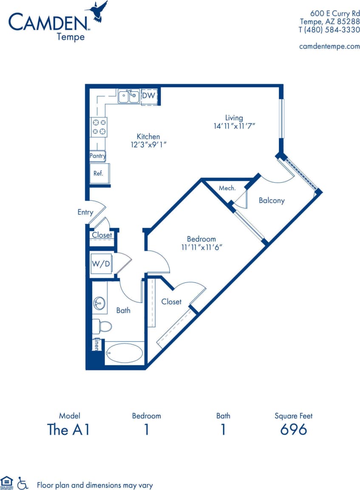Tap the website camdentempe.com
pyautogui.click(x=329, y=46)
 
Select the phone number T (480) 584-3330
pyautogui.click(x=329, y=29)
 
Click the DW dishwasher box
pyautogui.click(x=148, y=96)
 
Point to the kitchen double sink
pyautogui.click(x=129, y=97)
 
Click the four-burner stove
pyautogui.click(x=99, y=127)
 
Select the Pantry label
pyautogui.click(x=97, y=156)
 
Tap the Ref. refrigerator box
pyautogui.click(x=99, y=173)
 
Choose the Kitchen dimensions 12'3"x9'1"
pyautogui.click(x=148, y=145)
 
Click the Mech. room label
pyautogui.click(x=227, y=188)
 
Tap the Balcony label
pyautogui.click(x=272, y=200)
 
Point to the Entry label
pyautogui.click(x=85, y=212)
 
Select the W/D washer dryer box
pyautogui.click(x=101, y=264)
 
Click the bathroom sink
pyautogui.click(x=99, y=303)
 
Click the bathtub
pyautogui.click(x=124, y=353)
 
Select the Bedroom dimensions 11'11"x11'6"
pyautogui.click(x=201, y=247)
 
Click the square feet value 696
pyautogui.click(x=293, y=430)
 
